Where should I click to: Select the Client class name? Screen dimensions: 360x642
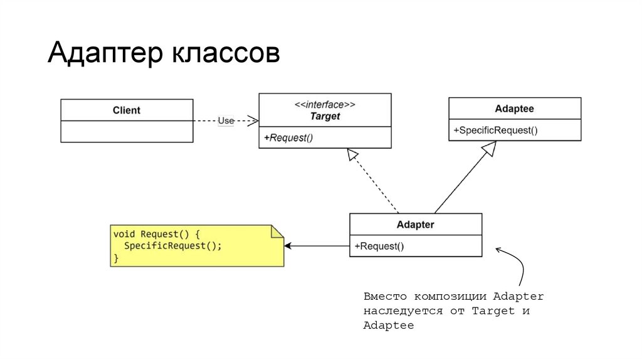(x=127, y=110)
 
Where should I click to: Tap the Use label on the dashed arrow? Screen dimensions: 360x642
(x=226, y=120)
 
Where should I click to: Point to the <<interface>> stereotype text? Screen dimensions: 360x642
(x=325, y=104)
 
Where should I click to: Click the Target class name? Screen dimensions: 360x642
(x=325, y=116)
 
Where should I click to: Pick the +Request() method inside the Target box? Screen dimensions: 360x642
(x=288, y=138)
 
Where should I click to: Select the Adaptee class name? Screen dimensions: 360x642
(x=514, y=109)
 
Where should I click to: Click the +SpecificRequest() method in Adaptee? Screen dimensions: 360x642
(x=495, y=130)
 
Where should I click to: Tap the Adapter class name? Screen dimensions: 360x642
(x=415, y=225)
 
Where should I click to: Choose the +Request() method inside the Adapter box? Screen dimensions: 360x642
(x=379, y=246)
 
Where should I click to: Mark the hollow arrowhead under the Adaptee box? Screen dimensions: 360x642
(x=489, y=147)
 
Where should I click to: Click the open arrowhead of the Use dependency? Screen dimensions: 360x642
(x=252, y=120)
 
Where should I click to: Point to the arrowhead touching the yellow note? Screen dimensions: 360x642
(x=289, y=246)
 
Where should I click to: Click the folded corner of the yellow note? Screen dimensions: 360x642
(x=277, y=231)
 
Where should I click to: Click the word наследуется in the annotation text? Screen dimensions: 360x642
(x=395, y=311)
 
